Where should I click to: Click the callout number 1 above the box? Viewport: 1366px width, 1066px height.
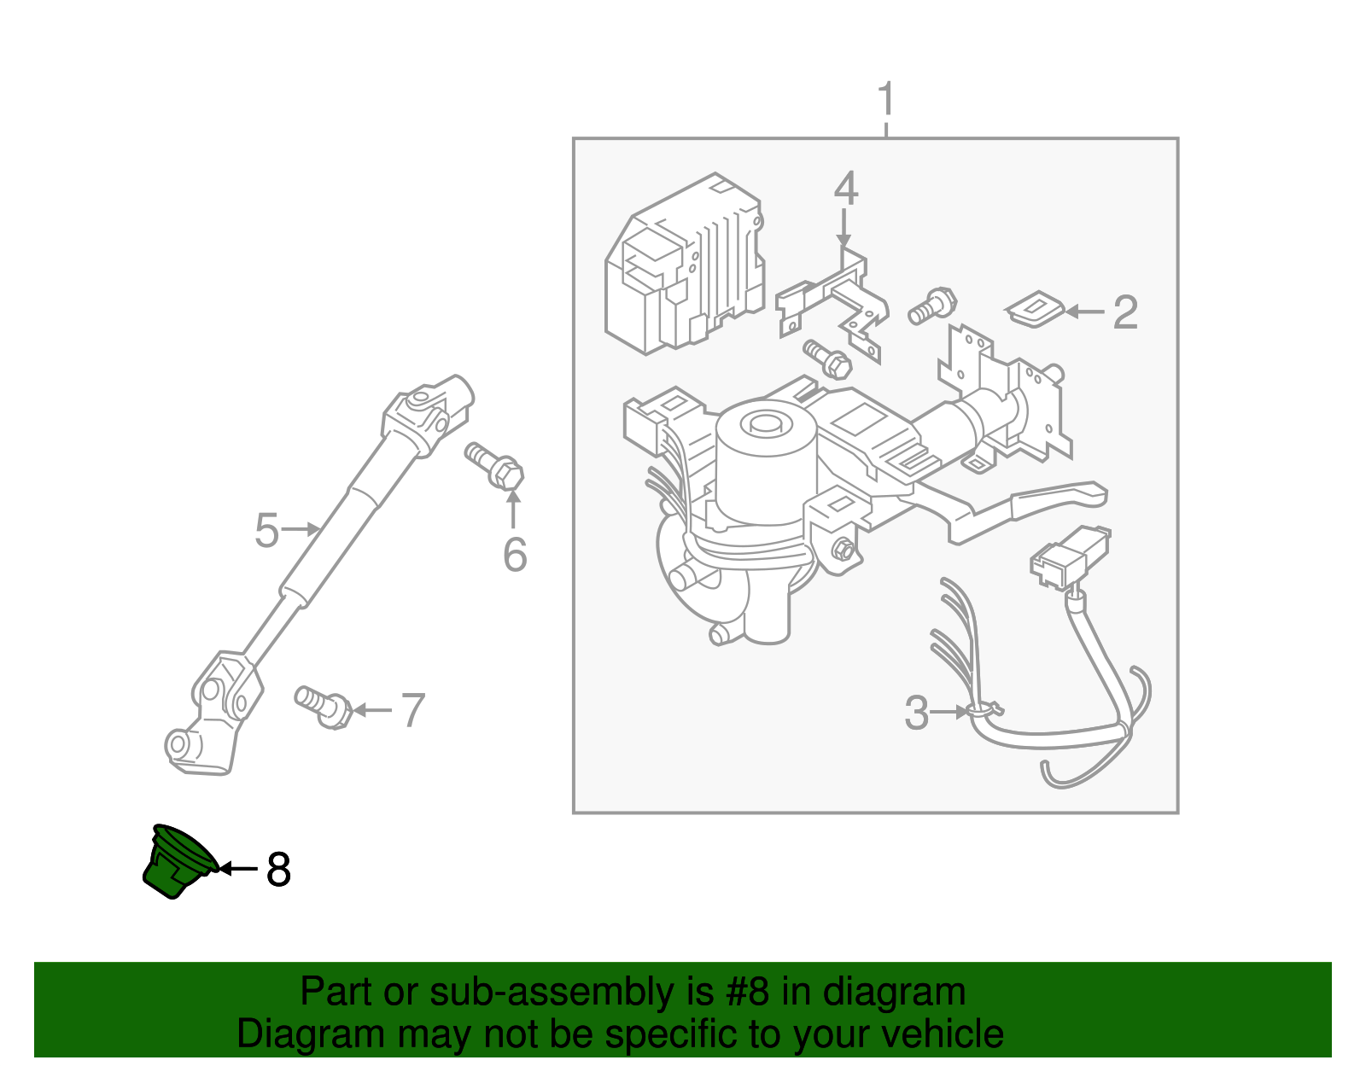(886, 100)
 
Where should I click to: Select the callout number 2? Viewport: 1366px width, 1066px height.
(1125, 312)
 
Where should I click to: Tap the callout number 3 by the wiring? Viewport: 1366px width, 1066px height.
(916, 713)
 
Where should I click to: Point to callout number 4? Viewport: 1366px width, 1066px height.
(845, 189)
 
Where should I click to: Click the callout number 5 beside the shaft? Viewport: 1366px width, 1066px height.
(266, 531)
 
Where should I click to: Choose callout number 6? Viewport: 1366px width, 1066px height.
(515, 555)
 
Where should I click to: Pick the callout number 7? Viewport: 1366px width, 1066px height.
(412, 710)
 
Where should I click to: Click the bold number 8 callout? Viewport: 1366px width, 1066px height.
(278, 870)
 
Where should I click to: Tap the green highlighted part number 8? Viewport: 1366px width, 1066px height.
(178, 862)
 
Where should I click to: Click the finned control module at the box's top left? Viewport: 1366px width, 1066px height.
(683, 265)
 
